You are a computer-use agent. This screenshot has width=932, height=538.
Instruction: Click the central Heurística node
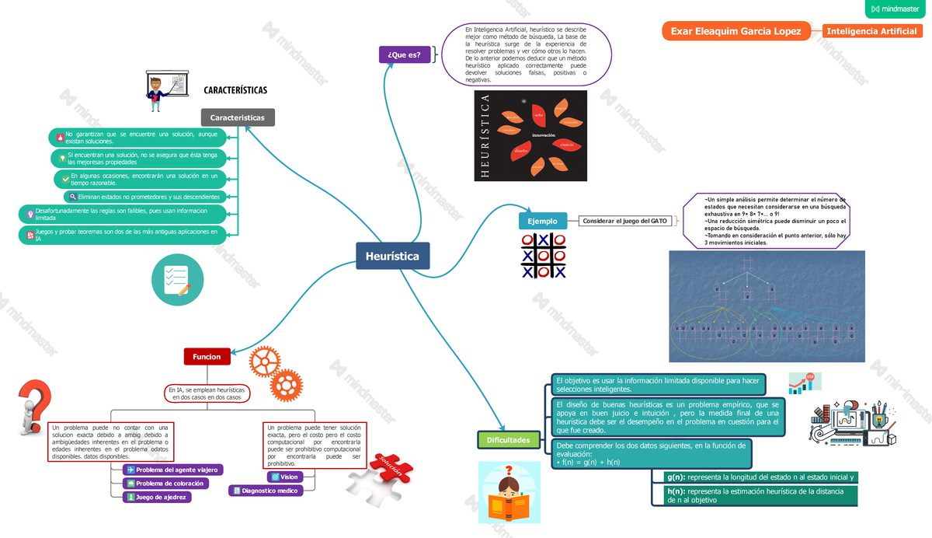tap(392, 256)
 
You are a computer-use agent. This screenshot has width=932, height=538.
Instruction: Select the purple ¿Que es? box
tap(404, 54)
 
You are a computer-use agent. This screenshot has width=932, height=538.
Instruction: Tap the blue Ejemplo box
tap(542, 221)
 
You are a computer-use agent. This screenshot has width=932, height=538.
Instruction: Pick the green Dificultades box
tap(508, 440)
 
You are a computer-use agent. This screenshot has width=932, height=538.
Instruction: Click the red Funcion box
tap(207, 357)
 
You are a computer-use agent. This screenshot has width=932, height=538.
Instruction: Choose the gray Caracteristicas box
tap(237, 117)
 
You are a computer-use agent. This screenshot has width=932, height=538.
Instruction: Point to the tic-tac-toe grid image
tap(543, 255)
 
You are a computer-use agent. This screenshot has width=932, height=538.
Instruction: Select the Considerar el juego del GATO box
tap(626, 221)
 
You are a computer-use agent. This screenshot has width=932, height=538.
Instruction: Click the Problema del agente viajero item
tap(172, 470)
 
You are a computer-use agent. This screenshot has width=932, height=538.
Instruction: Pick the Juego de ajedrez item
tap(157, 497)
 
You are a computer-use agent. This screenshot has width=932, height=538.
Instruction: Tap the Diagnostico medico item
tap(265, 491)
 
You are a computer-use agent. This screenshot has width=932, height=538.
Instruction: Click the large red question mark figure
tap(34, 410)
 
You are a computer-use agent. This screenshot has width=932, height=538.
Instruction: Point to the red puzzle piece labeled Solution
tap(387, 470)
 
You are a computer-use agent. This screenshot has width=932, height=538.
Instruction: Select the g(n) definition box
tap(760, 477)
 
